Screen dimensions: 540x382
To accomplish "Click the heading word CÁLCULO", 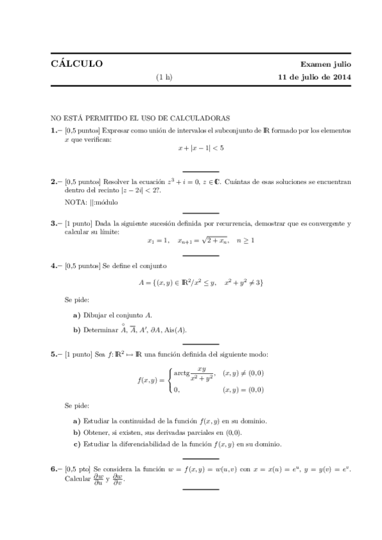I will point(77,64).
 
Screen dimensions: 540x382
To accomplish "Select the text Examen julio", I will point(326,65).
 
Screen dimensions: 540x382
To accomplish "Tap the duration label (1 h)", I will point(164,78).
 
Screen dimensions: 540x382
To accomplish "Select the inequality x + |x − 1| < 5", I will point(201,148).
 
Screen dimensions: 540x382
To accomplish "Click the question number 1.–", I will point(56,130).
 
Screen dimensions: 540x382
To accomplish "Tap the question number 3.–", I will point(56,224).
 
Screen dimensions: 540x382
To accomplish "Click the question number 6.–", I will point(56,469).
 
